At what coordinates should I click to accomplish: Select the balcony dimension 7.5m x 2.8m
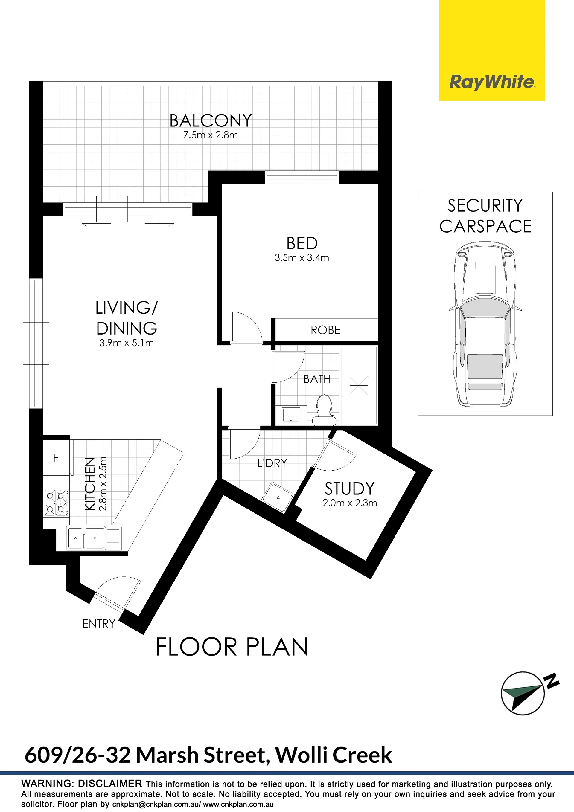211,135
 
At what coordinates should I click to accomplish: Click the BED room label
302,243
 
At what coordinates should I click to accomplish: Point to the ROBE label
325,330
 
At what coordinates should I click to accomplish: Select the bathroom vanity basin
291,416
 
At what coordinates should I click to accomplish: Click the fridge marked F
56,458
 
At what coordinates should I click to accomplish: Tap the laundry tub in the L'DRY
277,497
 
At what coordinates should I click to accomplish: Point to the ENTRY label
99,624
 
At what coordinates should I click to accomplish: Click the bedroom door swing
246,327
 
